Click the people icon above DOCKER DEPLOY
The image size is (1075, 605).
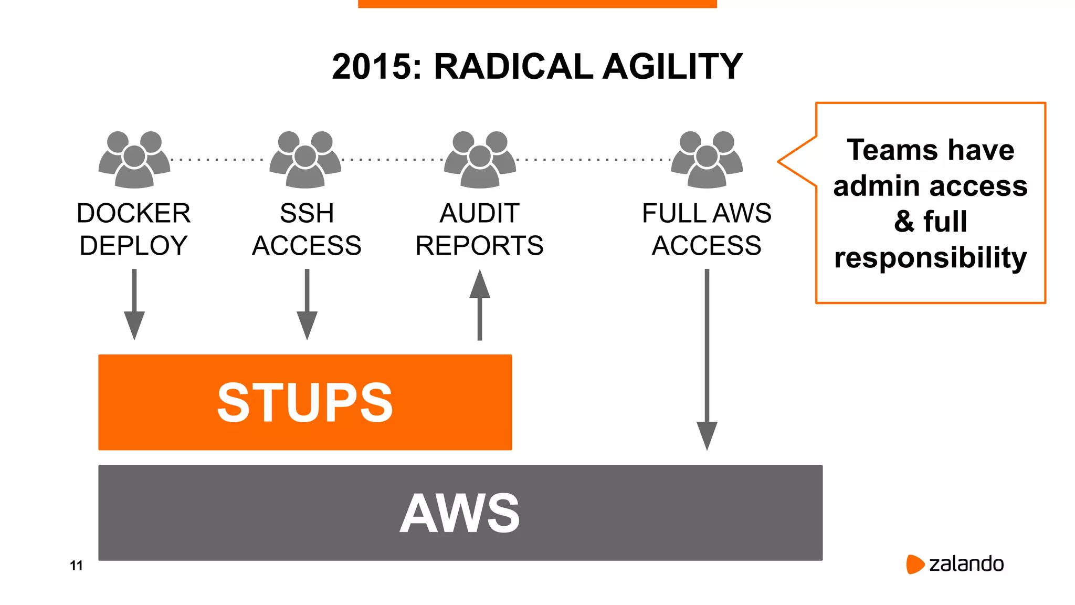[x=134, y=160]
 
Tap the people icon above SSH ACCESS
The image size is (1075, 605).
[x=305, y=160]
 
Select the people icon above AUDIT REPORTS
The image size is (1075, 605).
[x=480, y=160]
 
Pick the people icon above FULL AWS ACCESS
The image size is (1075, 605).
[x=707, y=160]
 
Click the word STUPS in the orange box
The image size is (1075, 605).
[x=305, y=403]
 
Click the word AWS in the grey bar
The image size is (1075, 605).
[x=460, y=514]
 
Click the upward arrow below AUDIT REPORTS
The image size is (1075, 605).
[x=480, y=305]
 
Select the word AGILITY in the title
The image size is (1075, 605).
[x=672, y=67]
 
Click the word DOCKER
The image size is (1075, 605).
[x=133, y=213]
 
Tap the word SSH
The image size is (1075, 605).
[x=307, y=213]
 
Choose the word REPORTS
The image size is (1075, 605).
[x=479, y=246]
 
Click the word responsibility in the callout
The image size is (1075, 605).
[x=930, y=258]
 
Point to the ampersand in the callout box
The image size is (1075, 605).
[x=904, y=221]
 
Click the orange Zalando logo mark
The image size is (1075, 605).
[x=914, y=564]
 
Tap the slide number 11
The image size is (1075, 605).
[x=76, y=566]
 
